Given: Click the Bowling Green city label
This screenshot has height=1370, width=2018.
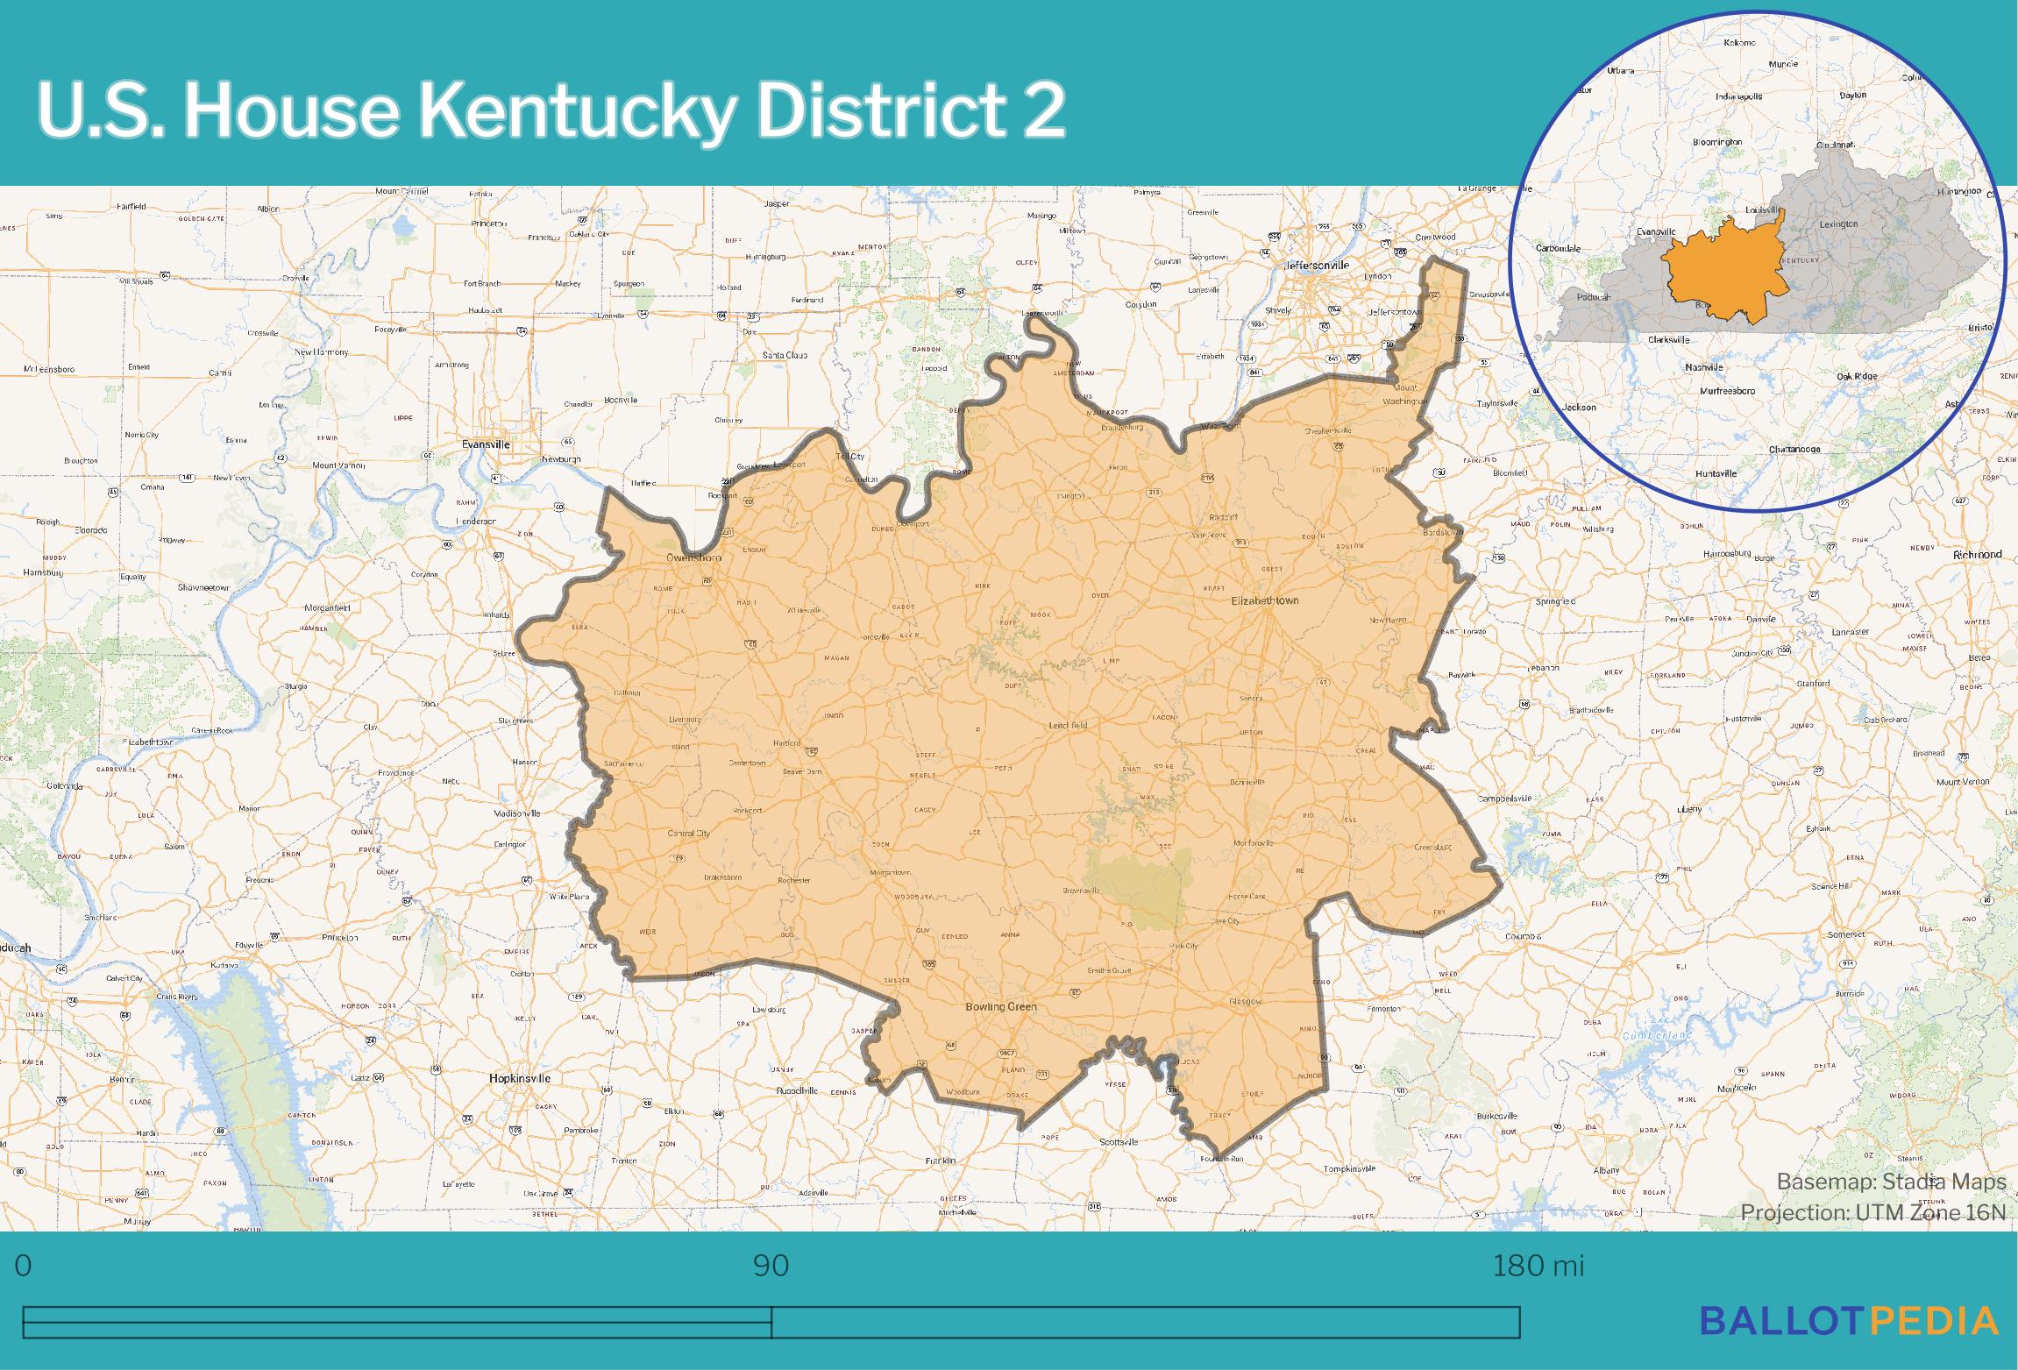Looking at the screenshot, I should (1000, 1006).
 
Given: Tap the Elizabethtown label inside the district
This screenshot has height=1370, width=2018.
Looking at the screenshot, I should (1264, 600).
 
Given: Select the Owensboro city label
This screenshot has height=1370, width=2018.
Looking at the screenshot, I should (693, 557).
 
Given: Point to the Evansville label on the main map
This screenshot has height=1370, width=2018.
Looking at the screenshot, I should (486, 444).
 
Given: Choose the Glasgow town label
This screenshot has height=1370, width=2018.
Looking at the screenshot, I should (1245, 1001).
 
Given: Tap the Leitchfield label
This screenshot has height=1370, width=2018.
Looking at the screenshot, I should (1068, 726).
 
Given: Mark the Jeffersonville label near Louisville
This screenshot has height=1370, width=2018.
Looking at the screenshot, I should (1316, 265).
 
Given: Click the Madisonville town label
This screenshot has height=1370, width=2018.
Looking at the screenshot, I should (517, 813).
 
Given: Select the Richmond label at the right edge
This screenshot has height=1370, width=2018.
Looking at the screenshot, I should (1978, 555).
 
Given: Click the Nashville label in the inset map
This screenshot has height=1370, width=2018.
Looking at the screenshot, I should (1703, 367).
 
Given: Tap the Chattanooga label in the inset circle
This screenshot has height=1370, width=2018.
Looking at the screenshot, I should (1794, 450).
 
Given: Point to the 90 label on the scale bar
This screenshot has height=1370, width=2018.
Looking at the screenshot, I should (771, 1266).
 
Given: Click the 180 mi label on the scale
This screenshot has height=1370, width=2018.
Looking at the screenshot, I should (1538, 1266).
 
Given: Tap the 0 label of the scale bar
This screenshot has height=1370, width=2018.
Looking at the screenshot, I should (24, 1266).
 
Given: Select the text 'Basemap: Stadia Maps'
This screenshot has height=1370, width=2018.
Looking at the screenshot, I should (1890, 1182).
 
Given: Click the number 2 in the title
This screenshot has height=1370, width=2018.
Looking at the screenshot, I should (1043, 110).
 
